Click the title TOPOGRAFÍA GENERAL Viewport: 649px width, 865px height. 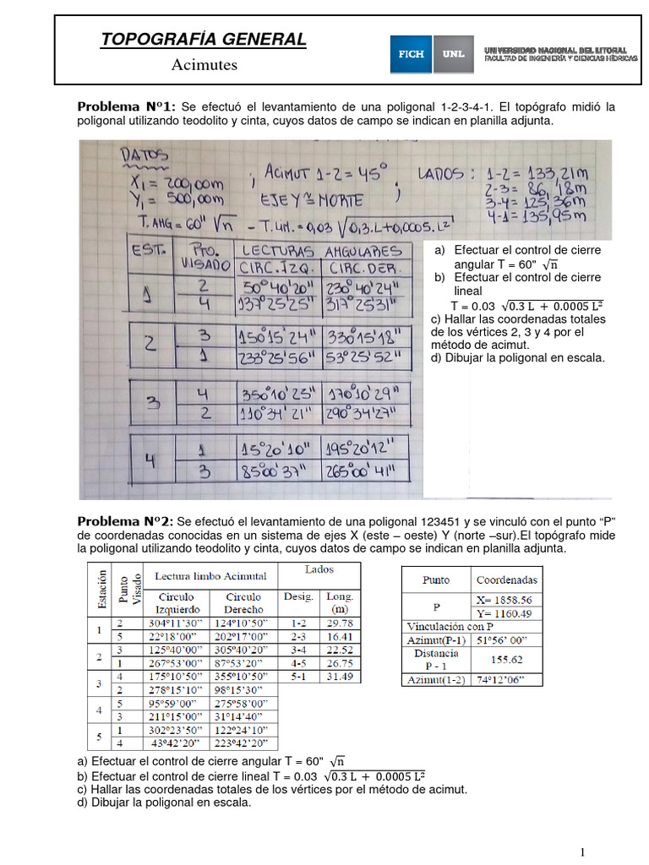click(x=203, y=40)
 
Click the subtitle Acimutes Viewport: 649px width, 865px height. click(x=205, y=64)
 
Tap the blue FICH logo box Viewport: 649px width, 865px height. click(x=412, y=53)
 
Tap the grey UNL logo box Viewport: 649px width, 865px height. click(x=452, y=53)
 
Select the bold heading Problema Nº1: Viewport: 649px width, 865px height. click(x=126, y=106)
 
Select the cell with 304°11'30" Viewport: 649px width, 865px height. click(x=179, y=623)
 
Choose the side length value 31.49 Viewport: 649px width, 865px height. click(x=340, y=677)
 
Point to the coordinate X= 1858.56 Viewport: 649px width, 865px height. click(x=507, y=598)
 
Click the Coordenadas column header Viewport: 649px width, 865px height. click(x=507, y=579)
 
